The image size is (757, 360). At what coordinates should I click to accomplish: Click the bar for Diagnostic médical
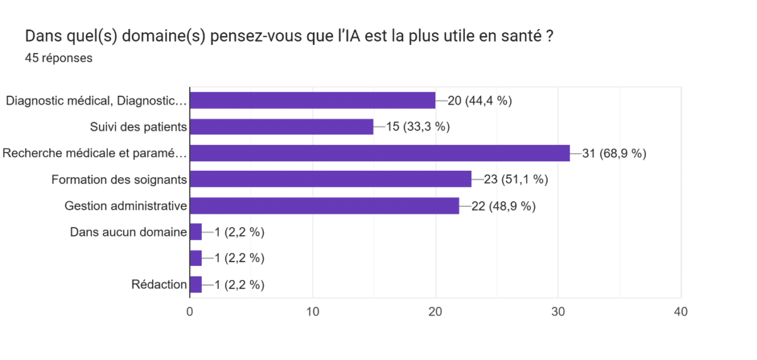(312, 100)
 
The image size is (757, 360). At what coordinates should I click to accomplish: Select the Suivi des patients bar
(281, 127)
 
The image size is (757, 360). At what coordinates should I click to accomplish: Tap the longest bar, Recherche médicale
(379, 153)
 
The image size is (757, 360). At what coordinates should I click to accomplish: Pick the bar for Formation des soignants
(331, 179)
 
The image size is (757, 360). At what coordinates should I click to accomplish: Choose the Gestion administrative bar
(324, 206)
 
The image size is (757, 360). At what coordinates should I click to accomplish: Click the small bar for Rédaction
(196, 284)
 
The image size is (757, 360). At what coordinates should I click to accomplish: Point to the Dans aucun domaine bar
(196, 232)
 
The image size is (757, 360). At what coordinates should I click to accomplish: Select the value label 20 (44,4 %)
(479, 100)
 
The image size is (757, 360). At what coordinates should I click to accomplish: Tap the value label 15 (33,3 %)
(418, 127)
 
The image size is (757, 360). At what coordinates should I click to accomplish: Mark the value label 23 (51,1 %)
(515, 179)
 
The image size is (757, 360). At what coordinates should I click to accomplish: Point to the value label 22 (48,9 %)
(503, 206)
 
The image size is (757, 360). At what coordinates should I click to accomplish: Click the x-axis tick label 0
(190, 311)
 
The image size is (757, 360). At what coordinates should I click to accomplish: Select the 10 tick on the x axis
(312, 311)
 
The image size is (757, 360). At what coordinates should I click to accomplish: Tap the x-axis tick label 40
(681, 311)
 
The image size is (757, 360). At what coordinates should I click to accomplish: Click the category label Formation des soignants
(119, 179)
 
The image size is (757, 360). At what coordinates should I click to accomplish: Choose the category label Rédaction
(159, 284)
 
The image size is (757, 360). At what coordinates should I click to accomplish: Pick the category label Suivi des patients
(139, 127)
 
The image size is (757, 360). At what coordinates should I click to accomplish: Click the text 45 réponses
(59, 58)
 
